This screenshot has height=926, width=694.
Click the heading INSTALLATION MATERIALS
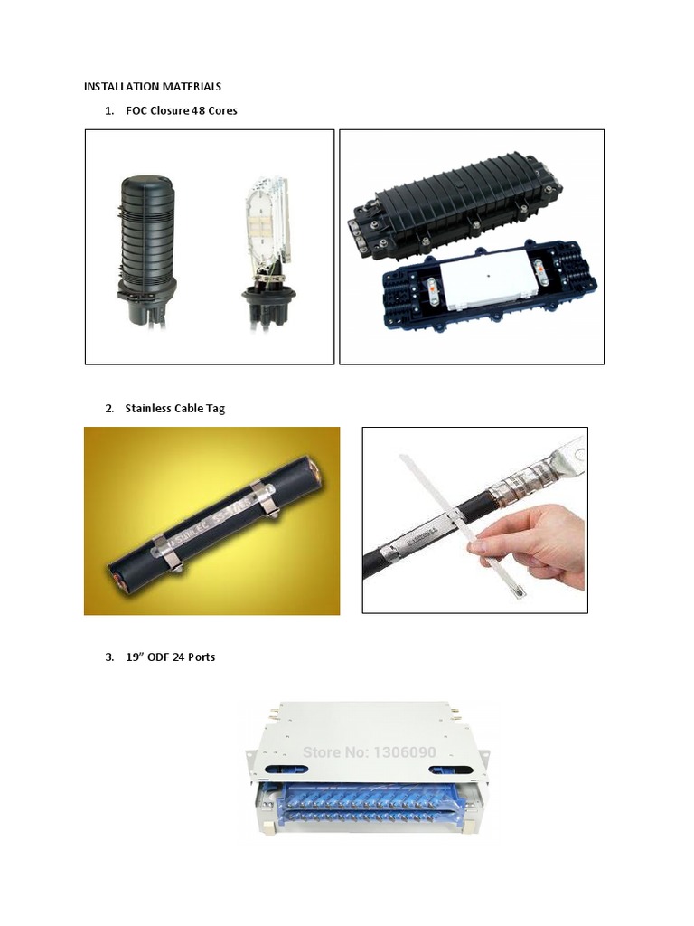tap(152, 87)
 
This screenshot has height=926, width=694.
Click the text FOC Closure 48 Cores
tap(181, 110)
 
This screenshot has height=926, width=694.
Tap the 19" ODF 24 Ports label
tap(170, 657)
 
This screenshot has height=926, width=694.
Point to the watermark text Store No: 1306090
tap(369, 752)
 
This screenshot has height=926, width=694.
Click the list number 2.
tap(108, 408)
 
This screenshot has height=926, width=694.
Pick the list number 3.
tap(108, 657)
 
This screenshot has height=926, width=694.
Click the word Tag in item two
tap(215, 408)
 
